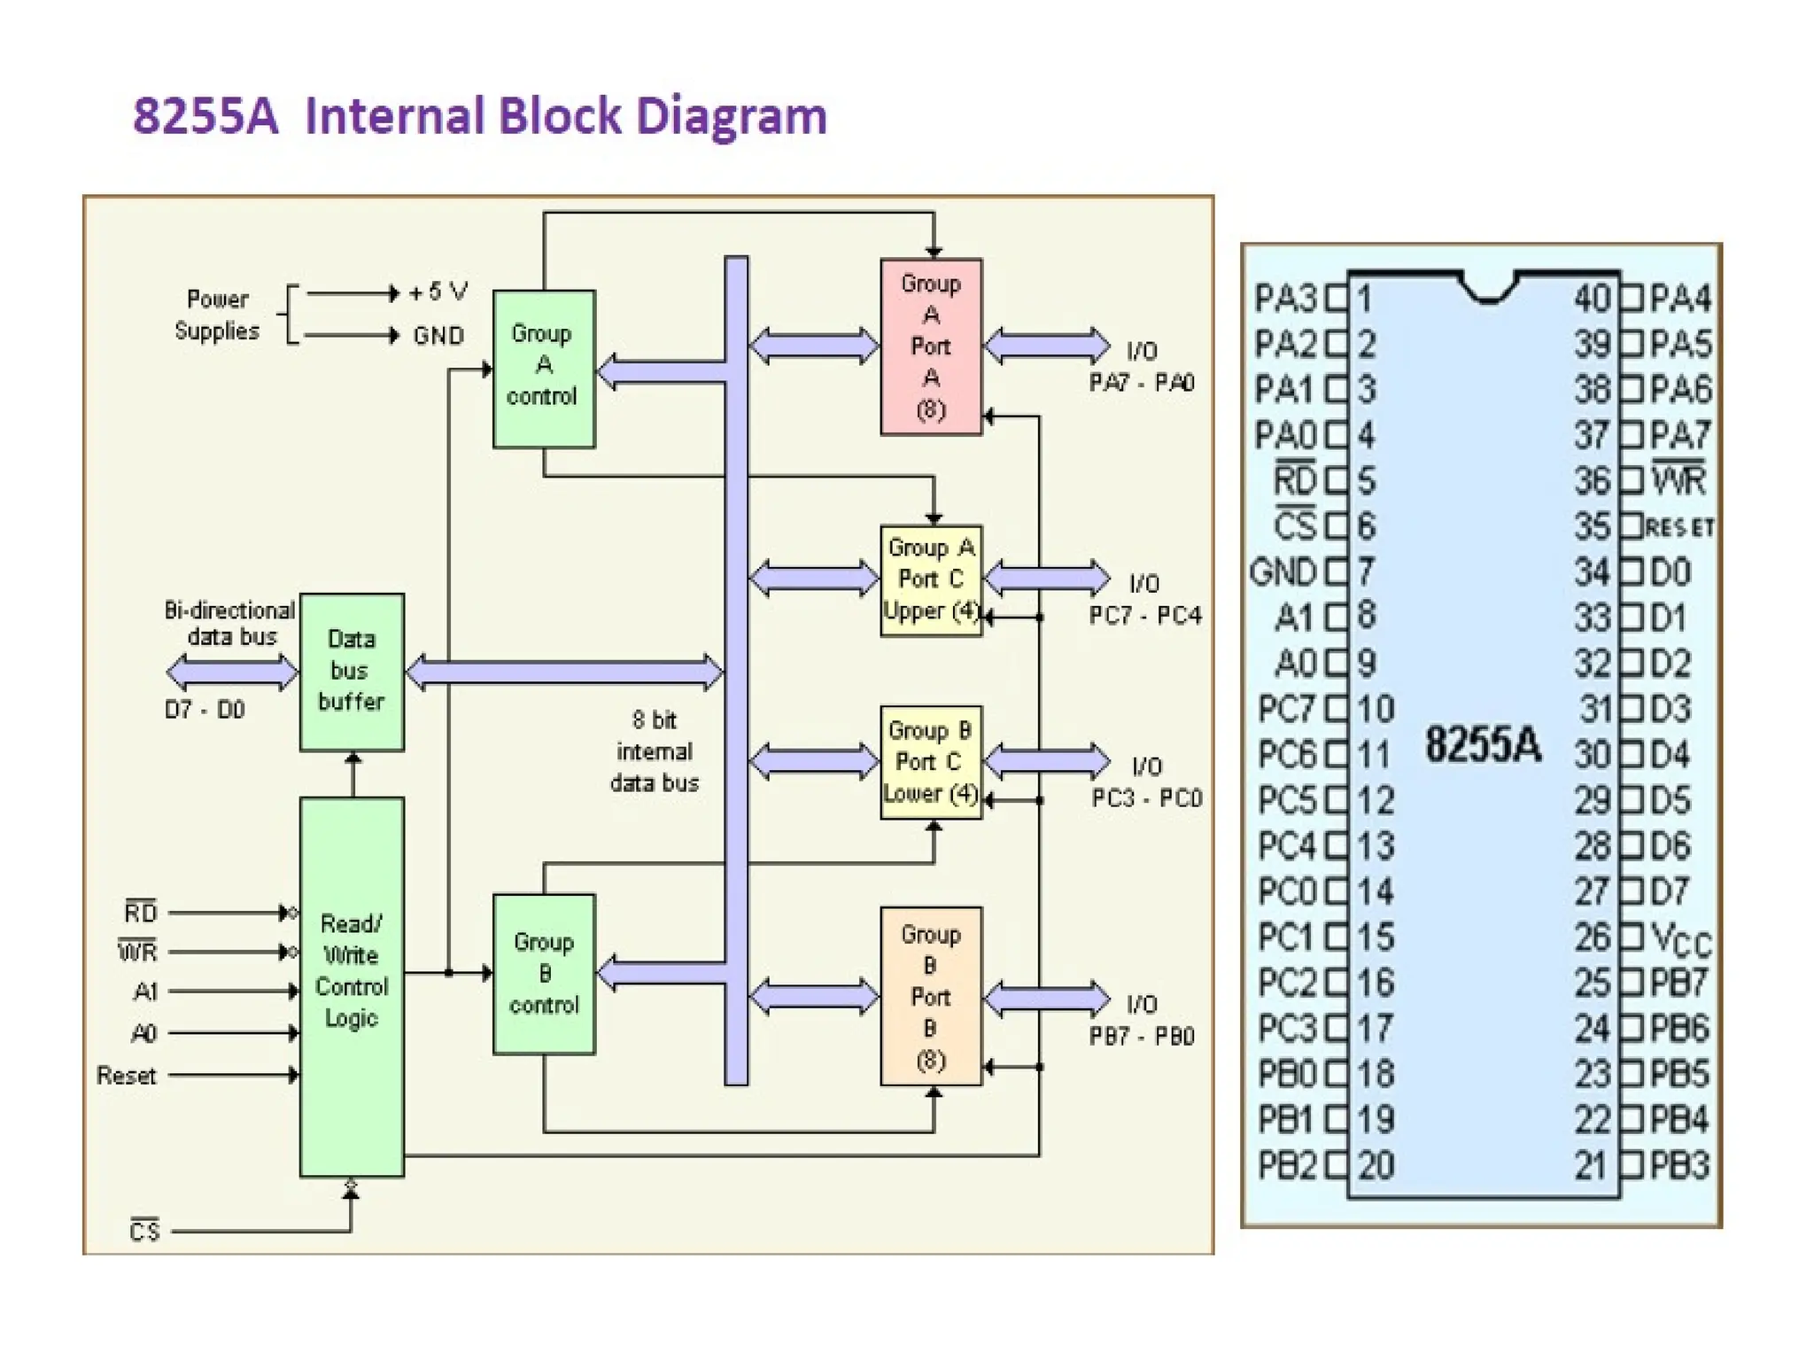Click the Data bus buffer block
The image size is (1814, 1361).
click(x=352, y=672)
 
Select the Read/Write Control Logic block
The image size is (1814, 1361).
click(x=352, y=986)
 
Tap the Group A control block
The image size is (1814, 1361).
click(x=543, y=368)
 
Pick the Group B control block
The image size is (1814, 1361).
click(x=543, y=973)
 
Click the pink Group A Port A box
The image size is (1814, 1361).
click(x=931, y=346)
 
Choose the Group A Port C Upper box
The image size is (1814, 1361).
click(x=931, y=580)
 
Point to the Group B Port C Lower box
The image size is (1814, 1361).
click(x=931, y=762)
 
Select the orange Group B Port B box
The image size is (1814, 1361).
click(x=931, y=996)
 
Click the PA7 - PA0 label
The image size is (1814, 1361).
click(x=1142, y=383)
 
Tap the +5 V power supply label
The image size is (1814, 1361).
click(x=438, y=292)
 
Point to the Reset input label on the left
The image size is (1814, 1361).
click(x=126, y=1076)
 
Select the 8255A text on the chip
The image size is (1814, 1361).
click(x=1483, y=744)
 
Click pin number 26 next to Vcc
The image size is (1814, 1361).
click(x=1592, y=937)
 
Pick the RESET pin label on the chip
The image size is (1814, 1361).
click(x=1680, y=528)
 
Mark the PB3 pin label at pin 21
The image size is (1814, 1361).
click(x=1679, y=1165)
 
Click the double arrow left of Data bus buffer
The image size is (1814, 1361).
click(x=232, y=673)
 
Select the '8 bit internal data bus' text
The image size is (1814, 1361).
click(x=655, y=751)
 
